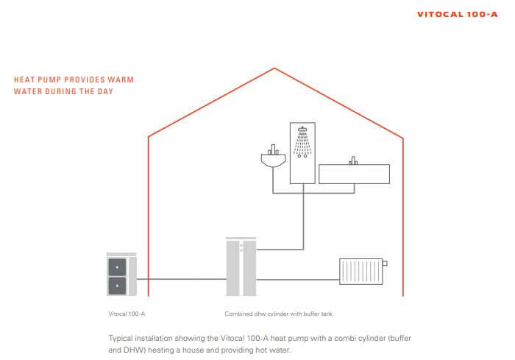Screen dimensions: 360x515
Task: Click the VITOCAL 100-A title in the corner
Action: pyautogui.click(x=457, y=14)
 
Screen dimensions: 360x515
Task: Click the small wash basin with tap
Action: pyautogui.click(x=271, y=158)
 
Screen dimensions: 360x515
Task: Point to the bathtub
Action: pyautogui.click(x=354, y=174)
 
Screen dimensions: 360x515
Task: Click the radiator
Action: pyautogui.click(x=360, y=271)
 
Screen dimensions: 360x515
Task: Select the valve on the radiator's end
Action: pyautogui.click(x=385, y=262)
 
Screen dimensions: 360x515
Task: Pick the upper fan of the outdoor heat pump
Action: pyautogui.click(x=117, y=266)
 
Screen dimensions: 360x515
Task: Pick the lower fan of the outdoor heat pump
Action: pyautogui.click(x=117, y=285)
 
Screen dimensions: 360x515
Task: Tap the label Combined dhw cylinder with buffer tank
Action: pyautogui.click(x=279, y=313)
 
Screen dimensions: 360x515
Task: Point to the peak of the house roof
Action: pyautogui.click(x=275, y=68)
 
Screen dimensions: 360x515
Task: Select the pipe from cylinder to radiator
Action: pyautogui.click(x=298, y=279)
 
